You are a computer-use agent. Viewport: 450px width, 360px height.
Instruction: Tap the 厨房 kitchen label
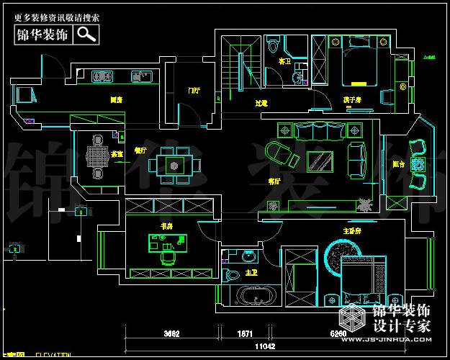(115, 100)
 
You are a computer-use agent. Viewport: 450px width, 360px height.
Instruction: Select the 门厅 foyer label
(194, 91)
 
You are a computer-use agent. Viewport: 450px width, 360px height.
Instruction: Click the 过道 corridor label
(261, 104)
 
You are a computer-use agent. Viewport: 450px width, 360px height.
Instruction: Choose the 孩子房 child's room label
(352, 99)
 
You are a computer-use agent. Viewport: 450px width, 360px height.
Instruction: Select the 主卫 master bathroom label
(252, 273)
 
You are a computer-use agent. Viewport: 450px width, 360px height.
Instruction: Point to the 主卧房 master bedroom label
(353, 230)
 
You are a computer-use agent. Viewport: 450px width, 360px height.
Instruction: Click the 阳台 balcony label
(398, 163)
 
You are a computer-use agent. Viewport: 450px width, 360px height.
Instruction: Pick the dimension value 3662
(171, 334)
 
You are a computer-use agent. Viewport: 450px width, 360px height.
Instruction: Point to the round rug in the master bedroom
(338, 256)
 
